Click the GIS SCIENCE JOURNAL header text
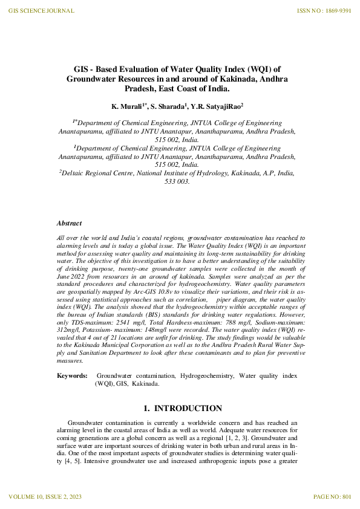point(42,11)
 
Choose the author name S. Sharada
point(168,106)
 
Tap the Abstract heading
point(69,224)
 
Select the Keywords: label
point(71,375)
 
